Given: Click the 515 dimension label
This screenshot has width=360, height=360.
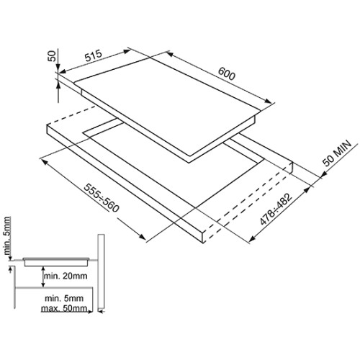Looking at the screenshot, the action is pyautogui.click(x=93, y=56).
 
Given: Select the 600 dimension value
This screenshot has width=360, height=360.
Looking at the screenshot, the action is pyautogui.click(x=227, y=73).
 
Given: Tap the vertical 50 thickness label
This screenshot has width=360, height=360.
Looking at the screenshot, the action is pyautogui.click(x=52, y=56).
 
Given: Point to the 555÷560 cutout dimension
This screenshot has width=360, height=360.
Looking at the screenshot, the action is pyautogui.click(x=102, y=198).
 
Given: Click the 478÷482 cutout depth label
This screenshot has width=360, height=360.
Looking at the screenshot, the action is pyautogui.click(x=276, y=209).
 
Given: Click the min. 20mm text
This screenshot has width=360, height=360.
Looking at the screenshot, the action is pyautogui.click(x=66, y=276).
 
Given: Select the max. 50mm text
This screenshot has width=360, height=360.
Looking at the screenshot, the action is pyautogui.click(x=64, y=308).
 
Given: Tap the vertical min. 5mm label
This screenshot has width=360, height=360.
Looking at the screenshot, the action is pyautogui.click(x=7, y=235).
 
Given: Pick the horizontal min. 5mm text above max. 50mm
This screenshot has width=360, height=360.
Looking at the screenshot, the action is pyautogui.click(x=64, y=299).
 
